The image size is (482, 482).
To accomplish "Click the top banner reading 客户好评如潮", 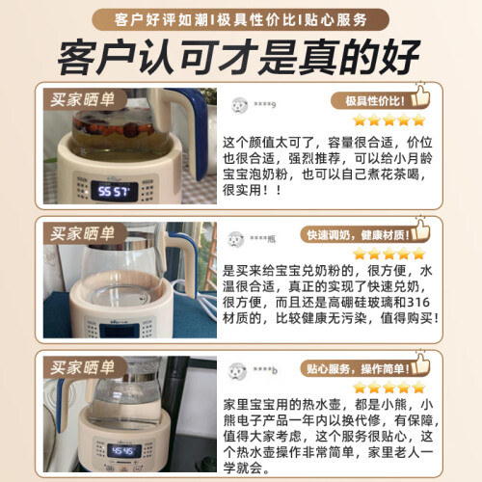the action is [x=241, y=19].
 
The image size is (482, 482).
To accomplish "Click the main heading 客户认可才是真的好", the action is [x=239, y=57].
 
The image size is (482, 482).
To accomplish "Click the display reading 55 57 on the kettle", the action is [x=114, y=192].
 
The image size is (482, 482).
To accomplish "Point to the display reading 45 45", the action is [x=124, y=451].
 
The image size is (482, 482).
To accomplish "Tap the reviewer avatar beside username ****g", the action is [x=240, y=105].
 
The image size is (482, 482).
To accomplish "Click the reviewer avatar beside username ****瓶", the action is [x=236, y=239].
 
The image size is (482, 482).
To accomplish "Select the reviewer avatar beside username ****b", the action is [x=237, y=371].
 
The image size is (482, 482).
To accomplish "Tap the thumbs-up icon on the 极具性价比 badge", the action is [x=420, y=95].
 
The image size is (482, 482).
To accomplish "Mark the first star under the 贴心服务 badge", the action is [x=360, y=388].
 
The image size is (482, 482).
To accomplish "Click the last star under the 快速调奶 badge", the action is [x=418, y=254].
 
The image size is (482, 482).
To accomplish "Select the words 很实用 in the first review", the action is [x=242, y=190].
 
